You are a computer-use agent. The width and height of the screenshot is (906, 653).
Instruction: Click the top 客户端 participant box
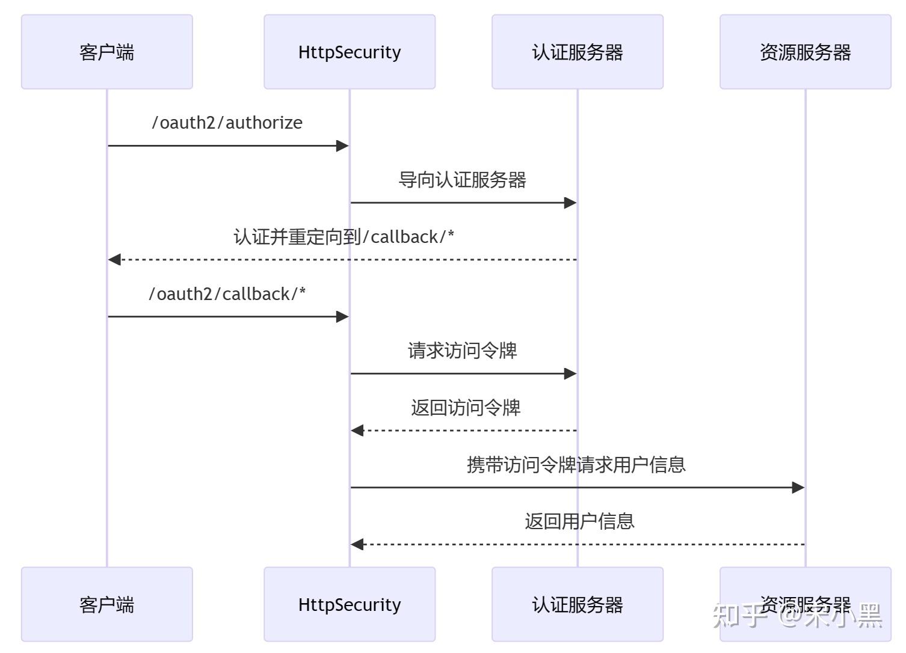coord(107,52)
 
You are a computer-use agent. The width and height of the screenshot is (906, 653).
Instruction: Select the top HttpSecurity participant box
coord(349,52)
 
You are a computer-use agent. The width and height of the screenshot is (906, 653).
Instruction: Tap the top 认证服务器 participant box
coord(577,52)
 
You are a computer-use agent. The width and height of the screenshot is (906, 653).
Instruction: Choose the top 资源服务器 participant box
coord(805,52)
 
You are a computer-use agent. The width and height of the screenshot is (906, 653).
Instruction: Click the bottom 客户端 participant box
coord(107,604)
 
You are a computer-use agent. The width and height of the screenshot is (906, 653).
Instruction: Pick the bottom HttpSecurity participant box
coord(349,604)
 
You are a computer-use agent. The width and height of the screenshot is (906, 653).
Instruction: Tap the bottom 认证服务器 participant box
coord(577,604)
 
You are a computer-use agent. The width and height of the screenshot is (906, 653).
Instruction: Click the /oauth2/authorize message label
coord(227,123)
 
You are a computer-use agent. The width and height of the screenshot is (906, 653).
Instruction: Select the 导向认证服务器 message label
coord(462,180)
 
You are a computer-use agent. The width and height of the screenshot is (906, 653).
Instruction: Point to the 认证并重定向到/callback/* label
coord(344,237)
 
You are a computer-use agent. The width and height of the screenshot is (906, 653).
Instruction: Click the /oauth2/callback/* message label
coord(227,294)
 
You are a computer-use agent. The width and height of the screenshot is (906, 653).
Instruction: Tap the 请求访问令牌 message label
coord(462,351)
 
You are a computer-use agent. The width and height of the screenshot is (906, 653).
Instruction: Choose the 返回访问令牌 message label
coord(466,408)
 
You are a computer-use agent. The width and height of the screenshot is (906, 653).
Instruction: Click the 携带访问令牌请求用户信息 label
coord(576,465)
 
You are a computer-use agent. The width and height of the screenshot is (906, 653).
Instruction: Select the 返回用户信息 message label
coord(579,521)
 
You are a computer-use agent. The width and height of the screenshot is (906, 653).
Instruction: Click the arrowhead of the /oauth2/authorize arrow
coord(342,146)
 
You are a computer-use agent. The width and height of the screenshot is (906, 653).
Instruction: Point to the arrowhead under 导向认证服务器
coord(570,203)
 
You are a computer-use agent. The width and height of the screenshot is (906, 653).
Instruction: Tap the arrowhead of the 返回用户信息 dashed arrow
coord(357,544)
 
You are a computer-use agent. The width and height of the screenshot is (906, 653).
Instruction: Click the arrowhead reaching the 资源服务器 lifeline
coord(798,488)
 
